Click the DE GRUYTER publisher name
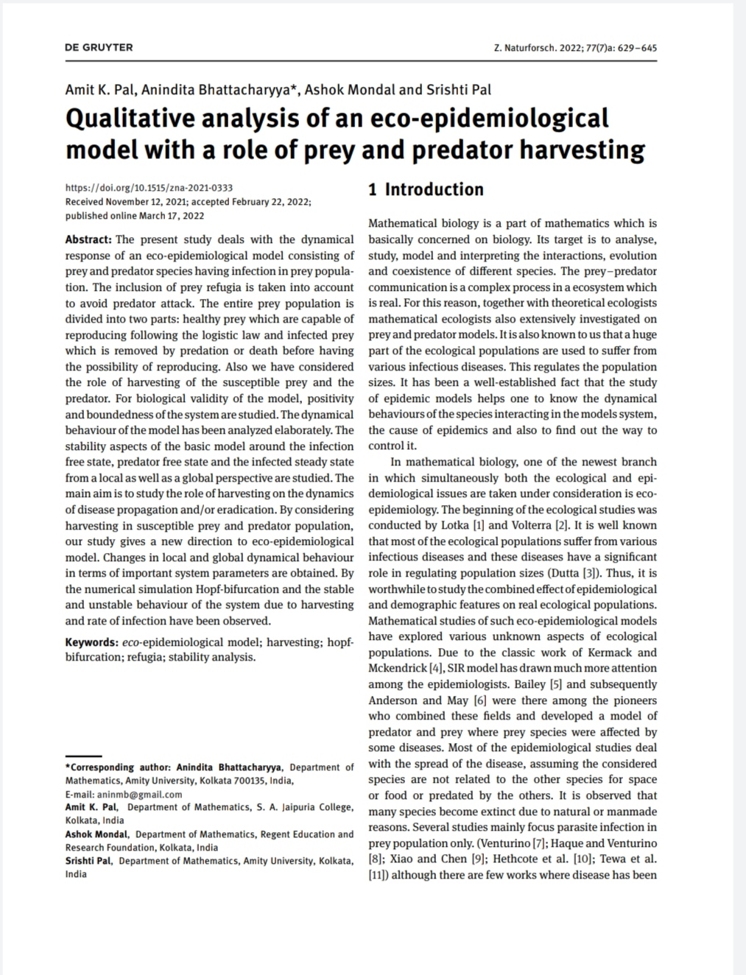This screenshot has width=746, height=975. (x=99, y=47)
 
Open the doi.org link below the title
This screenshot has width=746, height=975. (x=149, y=188)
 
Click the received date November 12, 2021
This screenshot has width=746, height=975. (x=140, y=202)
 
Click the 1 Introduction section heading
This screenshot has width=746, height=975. (x=426, y=189)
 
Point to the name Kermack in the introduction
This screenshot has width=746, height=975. (x=614, y=652)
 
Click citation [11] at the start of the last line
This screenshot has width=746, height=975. (x=378, y=875)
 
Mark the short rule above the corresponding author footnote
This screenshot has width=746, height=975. (x=83, y=756)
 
